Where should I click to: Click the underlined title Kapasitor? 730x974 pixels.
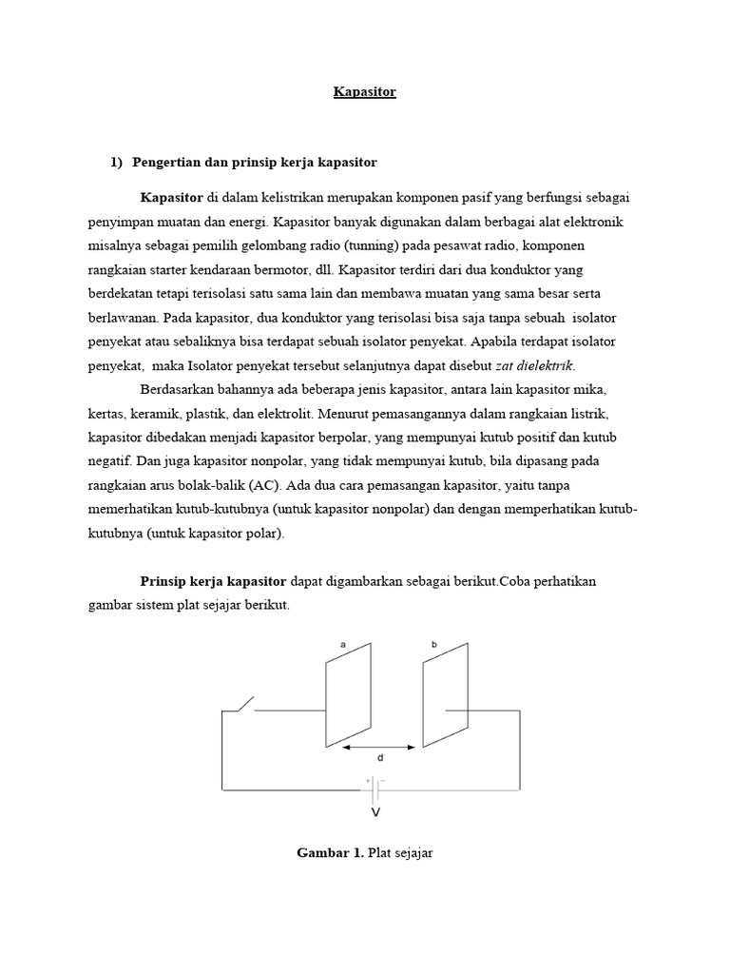[365, 92]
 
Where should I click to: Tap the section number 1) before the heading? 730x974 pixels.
[118, 163]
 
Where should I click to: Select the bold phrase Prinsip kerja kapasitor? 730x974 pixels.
[213, 581]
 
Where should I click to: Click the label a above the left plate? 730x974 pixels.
[342, 645]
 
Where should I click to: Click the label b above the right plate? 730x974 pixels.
[434, 645]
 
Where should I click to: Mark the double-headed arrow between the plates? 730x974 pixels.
[378, 748]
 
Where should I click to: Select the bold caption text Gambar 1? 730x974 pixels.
[330, 853]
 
